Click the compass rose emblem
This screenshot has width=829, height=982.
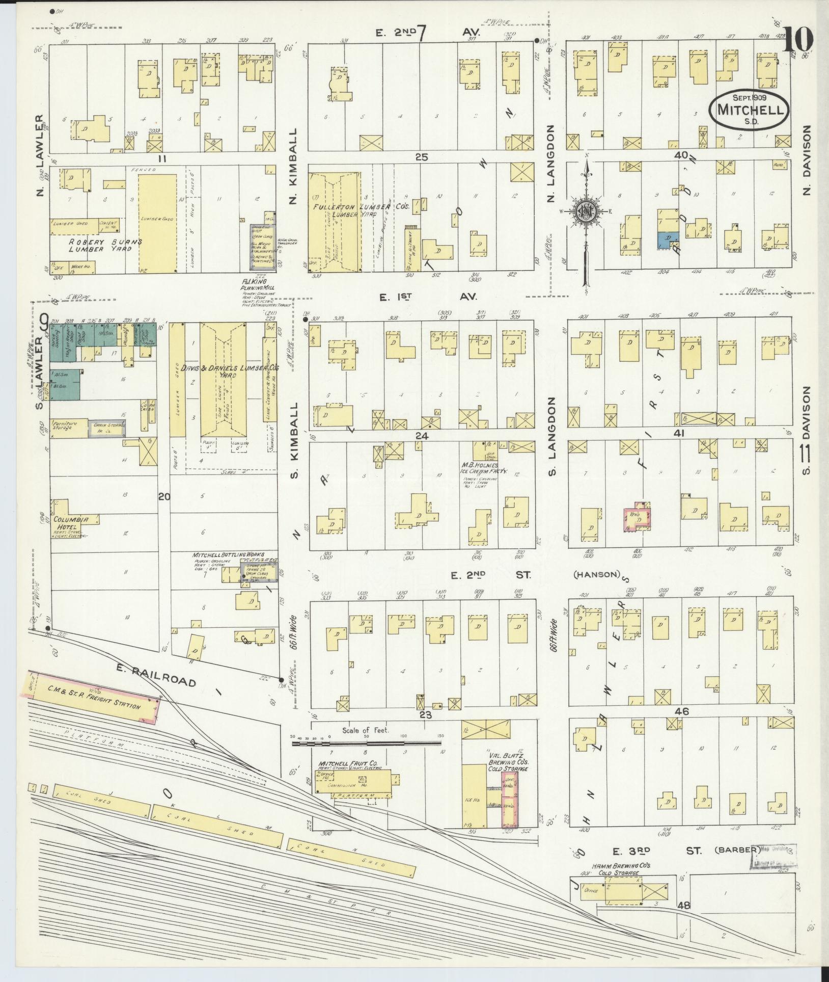pos(586,210)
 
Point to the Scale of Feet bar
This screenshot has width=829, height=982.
pos(366,744)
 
